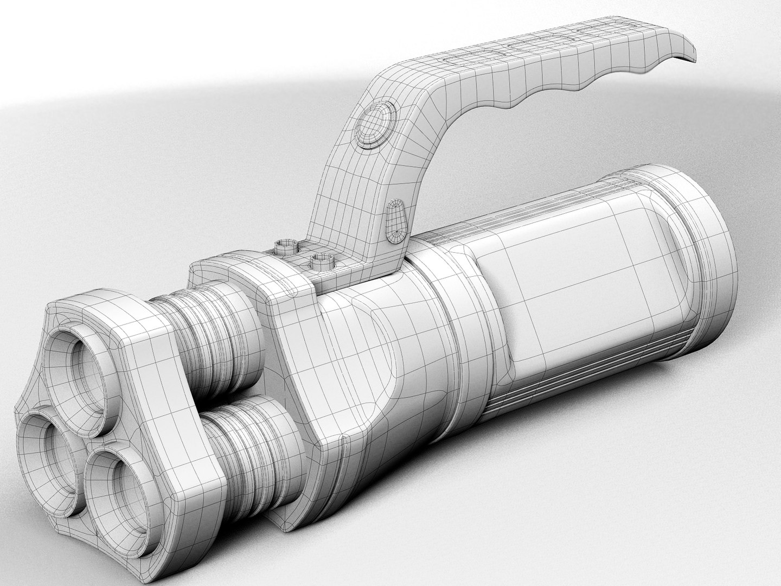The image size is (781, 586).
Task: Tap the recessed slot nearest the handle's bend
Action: (461, 60)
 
